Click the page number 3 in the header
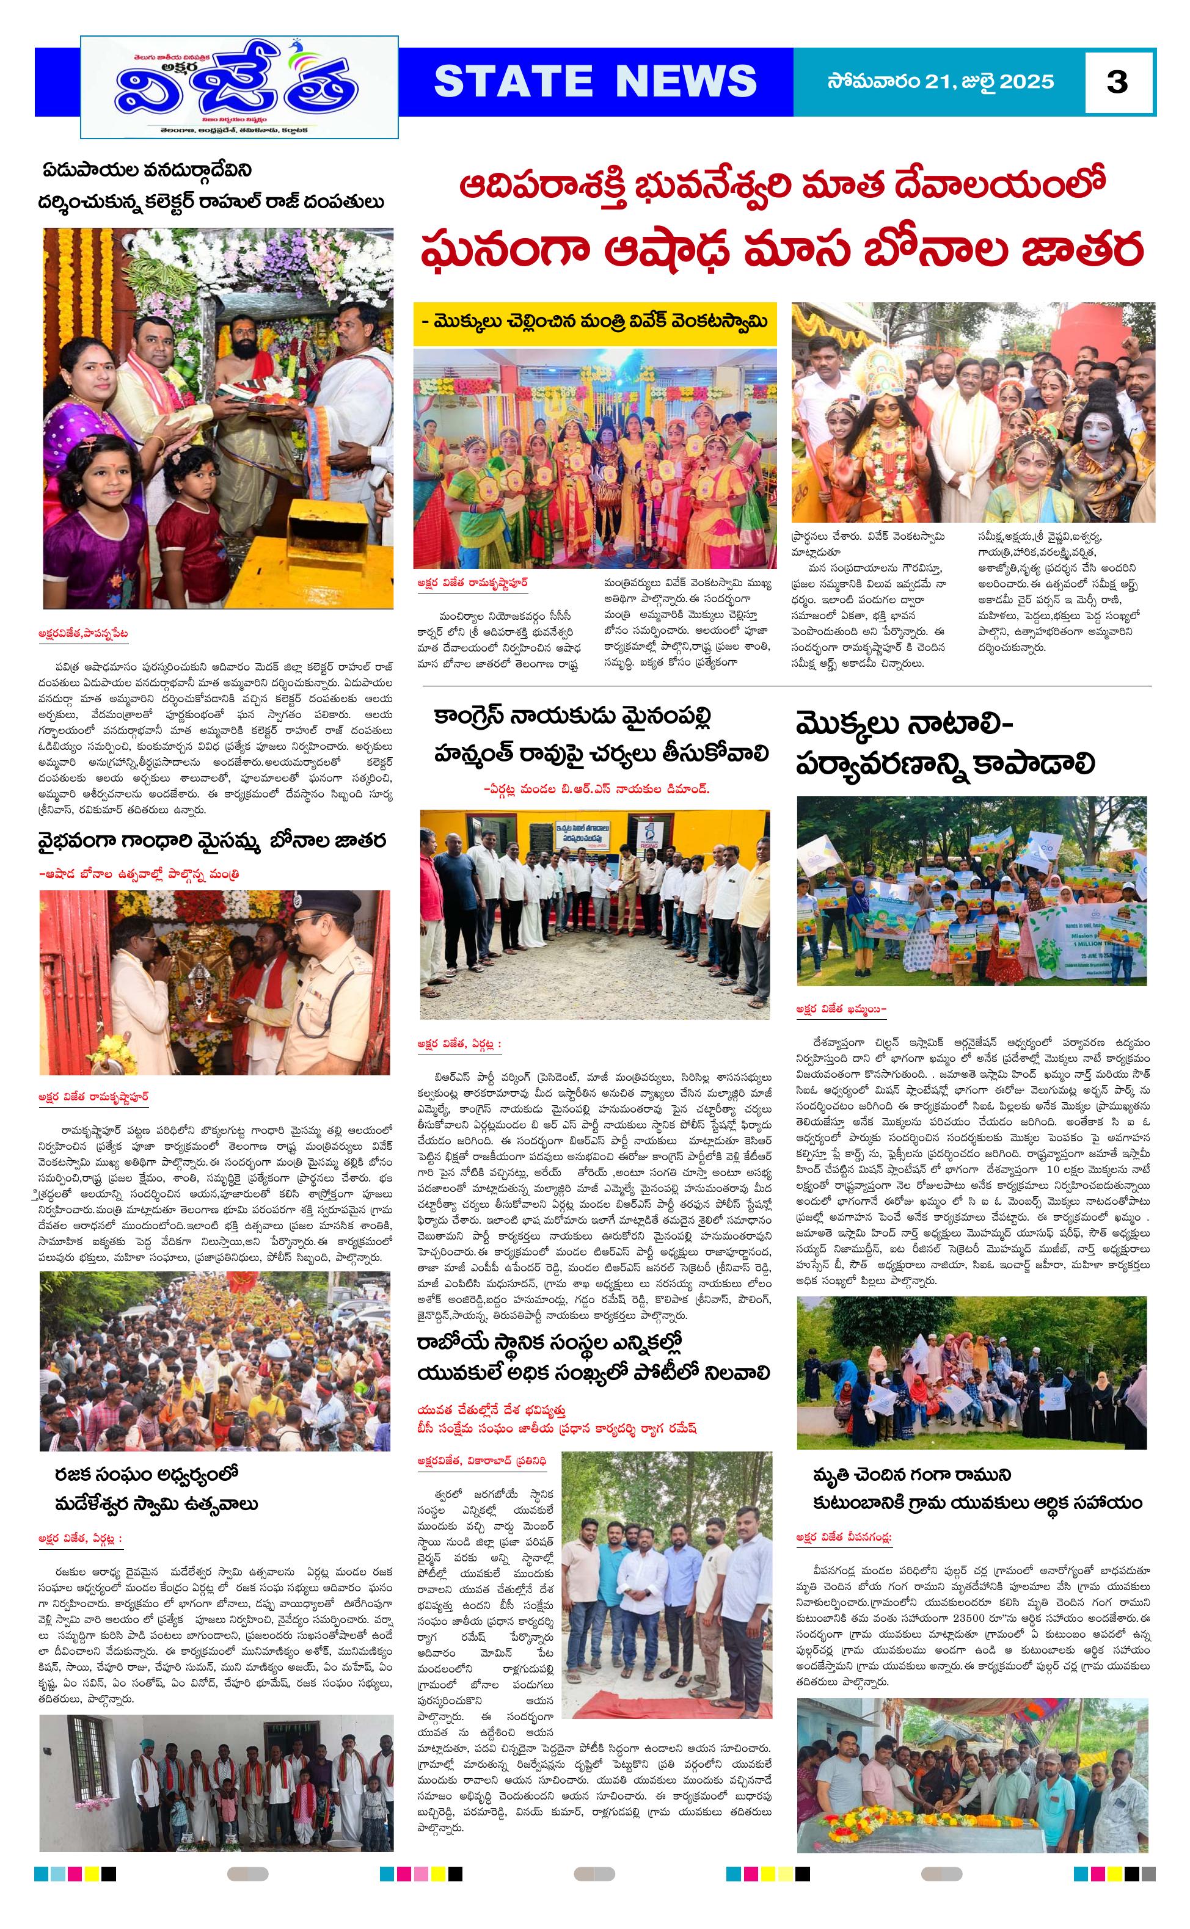[x=1117, y=82]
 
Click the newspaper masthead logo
[x=239, y=87]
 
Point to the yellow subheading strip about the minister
[x=595, y=322]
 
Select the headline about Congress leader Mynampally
[x=600, y=736]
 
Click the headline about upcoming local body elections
[x=594, y=1359]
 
